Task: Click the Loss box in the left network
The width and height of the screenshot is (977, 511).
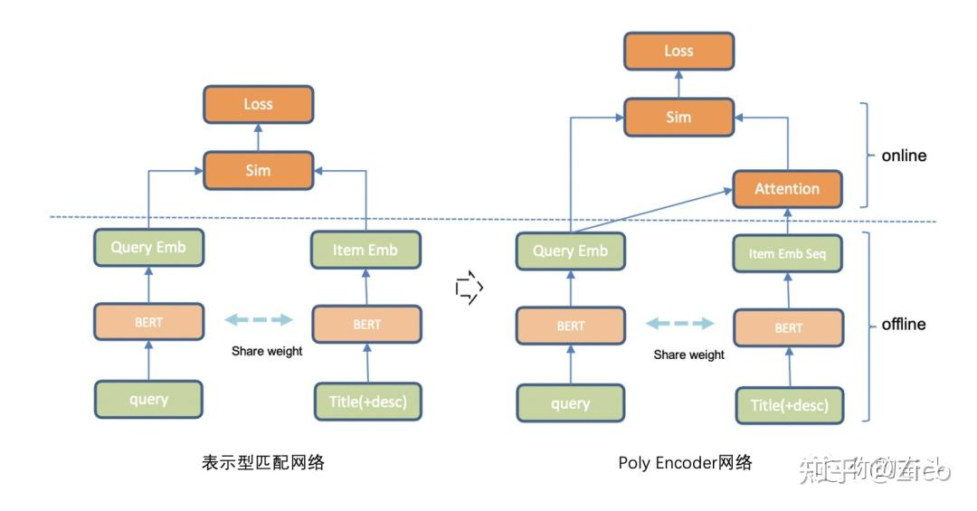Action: pos(258,104)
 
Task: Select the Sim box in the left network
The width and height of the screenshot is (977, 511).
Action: pos(258,170)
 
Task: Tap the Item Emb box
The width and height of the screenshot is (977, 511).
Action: pos(365,250)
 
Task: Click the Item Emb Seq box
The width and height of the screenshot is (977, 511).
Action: pos(787,254)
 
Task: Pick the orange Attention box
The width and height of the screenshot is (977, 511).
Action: pos(787,189)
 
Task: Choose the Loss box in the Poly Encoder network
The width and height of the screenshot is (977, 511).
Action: pos(678,51)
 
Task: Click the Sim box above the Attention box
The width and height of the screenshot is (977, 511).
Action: pos(678,117)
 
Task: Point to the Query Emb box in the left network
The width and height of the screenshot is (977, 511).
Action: pos(148,247)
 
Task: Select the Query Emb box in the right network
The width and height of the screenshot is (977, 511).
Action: pos(570,251)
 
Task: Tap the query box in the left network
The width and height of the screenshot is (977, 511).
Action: pos(148,399)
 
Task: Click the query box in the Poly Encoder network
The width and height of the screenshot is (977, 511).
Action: pos(570,403)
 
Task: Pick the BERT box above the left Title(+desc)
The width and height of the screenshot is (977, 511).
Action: pos(366,324)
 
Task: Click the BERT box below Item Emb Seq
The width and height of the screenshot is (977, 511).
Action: pos(788,327)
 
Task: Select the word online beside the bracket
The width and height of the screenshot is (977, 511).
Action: pos(904,156)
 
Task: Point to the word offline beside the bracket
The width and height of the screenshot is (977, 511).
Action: pos(904,324)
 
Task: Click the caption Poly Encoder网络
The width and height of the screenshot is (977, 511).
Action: pos(685,462)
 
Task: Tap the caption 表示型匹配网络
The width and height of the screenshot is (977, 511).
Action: pos(262,462)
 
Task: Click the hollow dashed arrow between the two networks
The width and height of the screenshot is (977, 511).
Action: pos(470,289)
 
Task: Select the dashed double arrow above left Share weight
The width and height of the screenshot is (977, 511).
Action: pos(260,319)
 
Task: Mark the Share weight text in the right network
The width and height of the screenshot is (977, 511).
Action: pos(688,355)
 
